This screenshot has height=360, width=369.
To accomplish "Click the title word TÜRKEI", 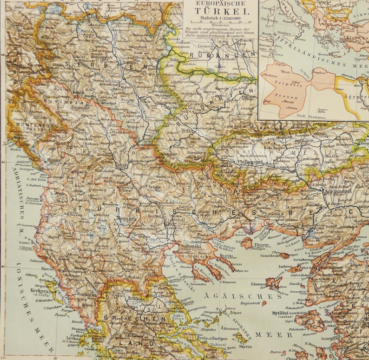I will pos(220,13).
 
